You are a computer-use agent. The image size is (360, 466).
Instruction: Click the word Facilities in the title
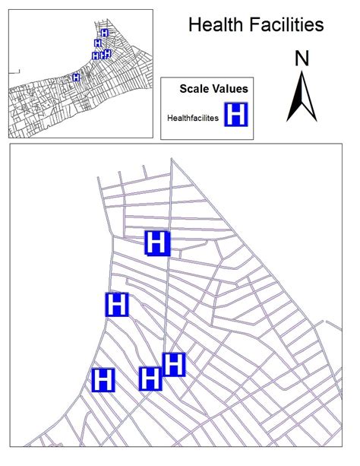coord(286,25)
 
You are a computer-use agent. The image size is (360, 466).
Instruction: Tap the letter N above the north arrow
coord(302,58)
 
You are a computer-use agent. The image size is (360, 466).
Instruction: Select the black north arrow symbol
coord(301,96)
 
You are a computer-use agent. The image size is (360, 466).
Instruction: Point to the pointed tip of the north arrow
coord(302,71)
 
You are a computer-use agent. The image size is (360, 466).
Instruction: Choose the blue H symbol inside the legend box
coord(237,116)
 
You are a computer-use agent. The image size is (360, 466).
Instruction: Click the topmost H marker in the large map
coord(157,243)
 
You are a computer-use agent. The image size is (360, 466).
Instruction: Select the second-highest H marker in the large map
coord(117,305)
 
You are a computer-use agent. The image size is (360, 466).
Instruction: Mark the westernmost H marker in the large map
coord(103,379)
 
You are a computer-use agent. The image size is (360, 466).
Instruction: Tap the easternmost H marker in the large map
coord(174,364)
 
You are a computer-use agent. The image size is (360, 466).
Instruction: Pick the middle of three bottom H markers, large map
coord(150,378)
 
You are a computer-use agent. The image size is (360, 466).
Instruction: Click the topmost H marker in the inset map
coord(104,33)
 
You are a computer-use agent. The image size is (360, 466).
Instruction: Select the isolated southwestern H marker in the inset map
coord(76,78)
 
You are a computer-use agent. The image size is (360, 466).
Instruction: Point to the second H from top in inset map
coord(98,43)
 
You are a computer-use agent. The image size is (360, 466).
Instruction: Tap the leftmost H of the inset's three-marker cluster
coord(96,55)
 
